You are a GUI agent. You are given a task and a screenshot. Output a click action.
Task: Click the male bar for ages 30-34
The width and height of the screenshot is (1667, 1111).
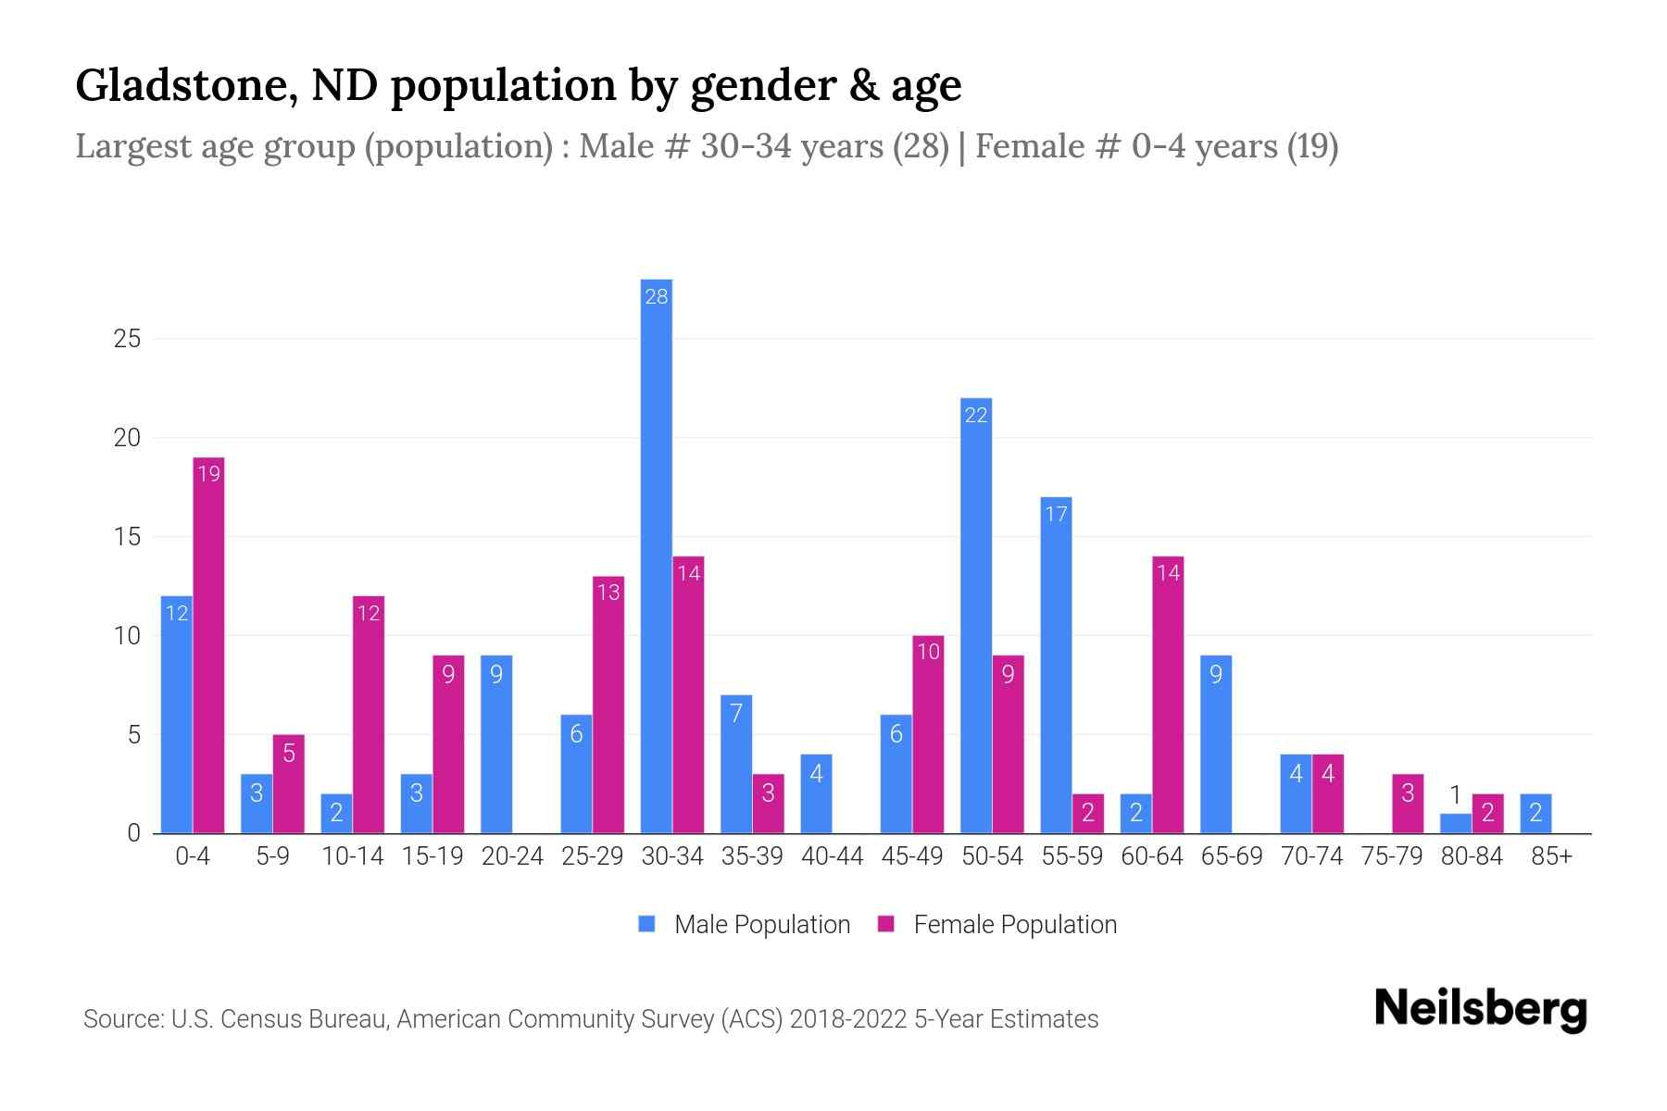coord(657,555)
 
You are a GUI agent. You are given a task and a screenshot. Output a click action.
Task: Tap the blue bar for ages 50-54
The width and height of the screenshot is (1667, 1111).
coord(976,616)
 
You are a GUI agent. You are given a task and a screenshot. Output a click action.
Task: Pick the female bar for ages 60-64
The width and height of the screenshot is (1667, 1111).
coord(1168,694)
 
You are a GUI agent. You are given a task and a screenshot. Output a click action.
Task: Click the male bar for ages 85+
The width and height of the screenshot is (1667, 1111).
coord(1535,814)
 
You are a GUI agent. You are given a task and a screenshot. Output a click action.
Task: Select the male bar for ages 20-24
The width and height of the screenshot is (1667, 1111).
coord(496,744)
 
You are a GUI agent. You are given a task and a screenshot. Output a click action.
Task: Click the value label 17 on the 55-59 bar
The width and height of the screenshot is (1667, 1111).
coord(1056,514)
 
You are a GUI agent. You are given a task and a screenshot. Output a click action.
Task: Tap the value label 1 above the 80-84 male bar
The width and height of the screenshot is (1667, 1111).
coord(1455,794)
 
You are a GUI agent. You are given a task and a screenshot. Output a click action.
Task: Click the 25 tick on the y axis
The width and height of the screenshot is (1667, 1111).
coord(127,339)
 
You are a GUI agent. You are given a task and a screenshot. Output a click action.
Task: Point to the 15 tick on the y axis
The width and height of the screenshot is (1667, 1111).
coord(127,537)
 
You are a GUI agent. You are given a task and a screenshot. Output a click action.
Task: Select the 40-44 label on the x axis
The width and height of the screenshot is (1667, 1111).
coord(832,856)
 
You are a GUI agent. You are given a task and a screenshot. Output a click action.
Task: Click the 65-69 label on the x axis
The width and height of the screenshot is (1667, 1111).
coord(1232,856)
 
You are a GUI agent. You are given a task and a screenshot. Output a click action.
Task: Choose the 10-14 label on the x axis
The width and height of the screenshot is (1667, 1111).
coord(352,856)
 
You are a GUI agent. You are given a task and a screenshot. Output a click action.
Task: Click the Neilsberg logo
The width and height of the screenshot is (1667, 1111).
coord(1480,1009)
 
